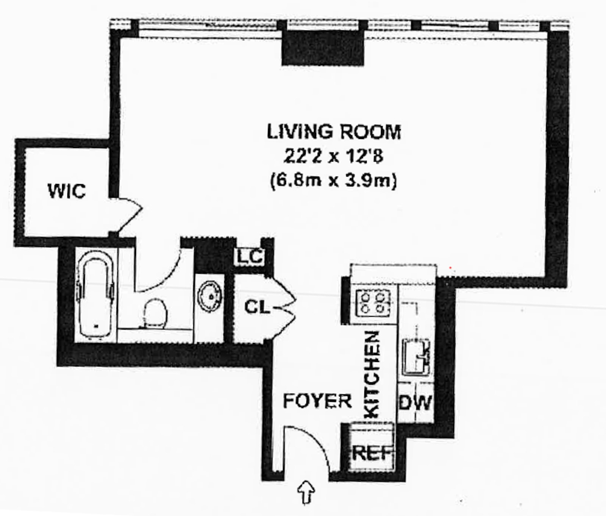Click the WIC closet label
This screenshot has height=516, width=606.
click(x=67, y=191)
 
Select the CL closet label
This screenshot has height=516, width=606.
click(x=257, y=307)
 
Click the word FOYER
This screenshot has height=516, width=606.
click(x=317, y=401)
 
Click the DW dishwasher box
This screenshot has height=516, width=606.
click(x=415, y=402)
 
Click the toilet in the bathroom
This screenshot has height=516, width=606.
click(x=155, y=313)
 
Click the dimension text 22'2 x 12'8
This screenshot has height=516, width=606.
click(x=333, y=156)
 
